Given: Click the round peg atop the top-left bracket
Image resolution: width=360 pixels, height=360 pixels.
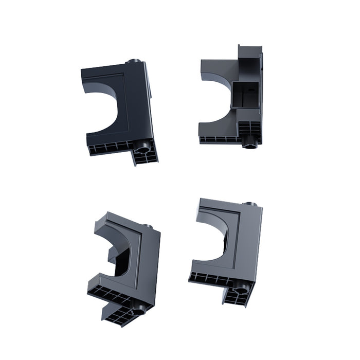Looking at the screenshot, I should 135,61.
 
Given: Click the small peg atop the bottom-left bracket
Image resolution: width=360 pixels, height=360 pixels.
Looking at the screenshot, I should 148,226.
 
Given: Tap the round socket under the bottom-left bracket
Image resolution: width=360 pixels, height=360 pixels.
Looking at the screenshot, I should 138,310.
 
